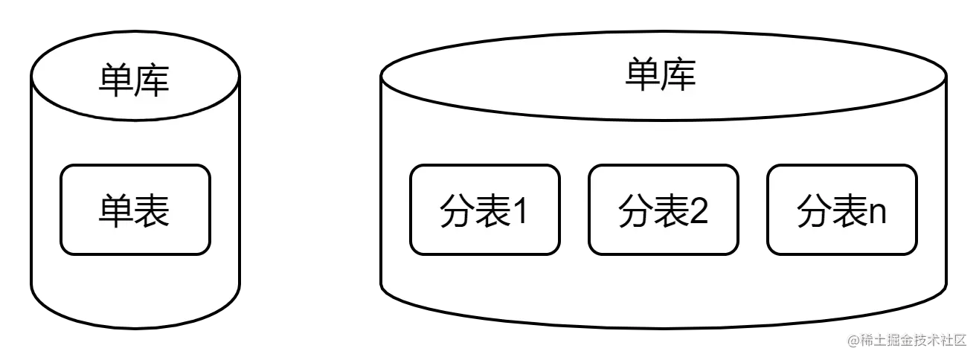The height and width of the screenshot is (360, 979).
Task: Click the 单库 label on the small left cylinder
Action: point(134,80)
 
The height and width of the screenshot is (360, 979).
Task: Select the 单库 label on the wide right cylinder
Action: point(661,75)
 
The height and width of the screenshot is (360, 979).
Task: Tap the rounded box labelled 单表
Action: point(135,210)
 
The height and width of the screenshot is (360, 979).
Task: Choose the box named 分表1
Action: point(484,210)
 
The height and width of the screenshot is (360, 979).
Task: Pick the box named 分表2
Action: point(663,210)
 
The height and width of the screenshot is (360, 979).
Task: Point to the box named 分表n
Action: point(841,210)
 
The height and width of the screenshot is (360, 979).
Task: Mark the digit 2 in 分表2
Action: point(699,212)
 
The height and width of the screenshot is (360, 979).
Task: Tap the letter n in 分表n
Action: point(878,214)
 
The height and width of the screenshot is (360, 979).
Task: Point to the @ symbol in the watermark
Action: point(851,340)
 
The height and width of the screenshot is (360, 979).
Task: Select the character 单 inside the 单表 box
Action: point(116,210)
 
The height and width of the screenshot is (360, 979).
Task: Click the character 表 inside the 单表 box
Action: point(153,210)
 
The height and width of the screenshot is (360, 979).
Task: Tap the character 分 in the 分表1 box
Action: point(457,211)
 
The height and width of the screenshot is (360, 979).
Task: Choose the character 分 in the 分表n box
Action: point(814,211)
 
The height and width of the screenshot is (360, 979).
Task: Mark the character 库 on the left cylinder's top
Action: point(153,80)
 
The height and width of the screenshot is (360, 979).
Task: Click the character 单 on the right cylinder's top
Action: point(643,75)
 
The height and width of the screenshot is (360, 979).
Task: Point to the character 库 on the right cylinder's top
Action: point(678,75)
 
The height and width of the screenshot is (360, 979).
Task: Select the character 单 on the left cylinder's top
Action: point(116,80)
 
